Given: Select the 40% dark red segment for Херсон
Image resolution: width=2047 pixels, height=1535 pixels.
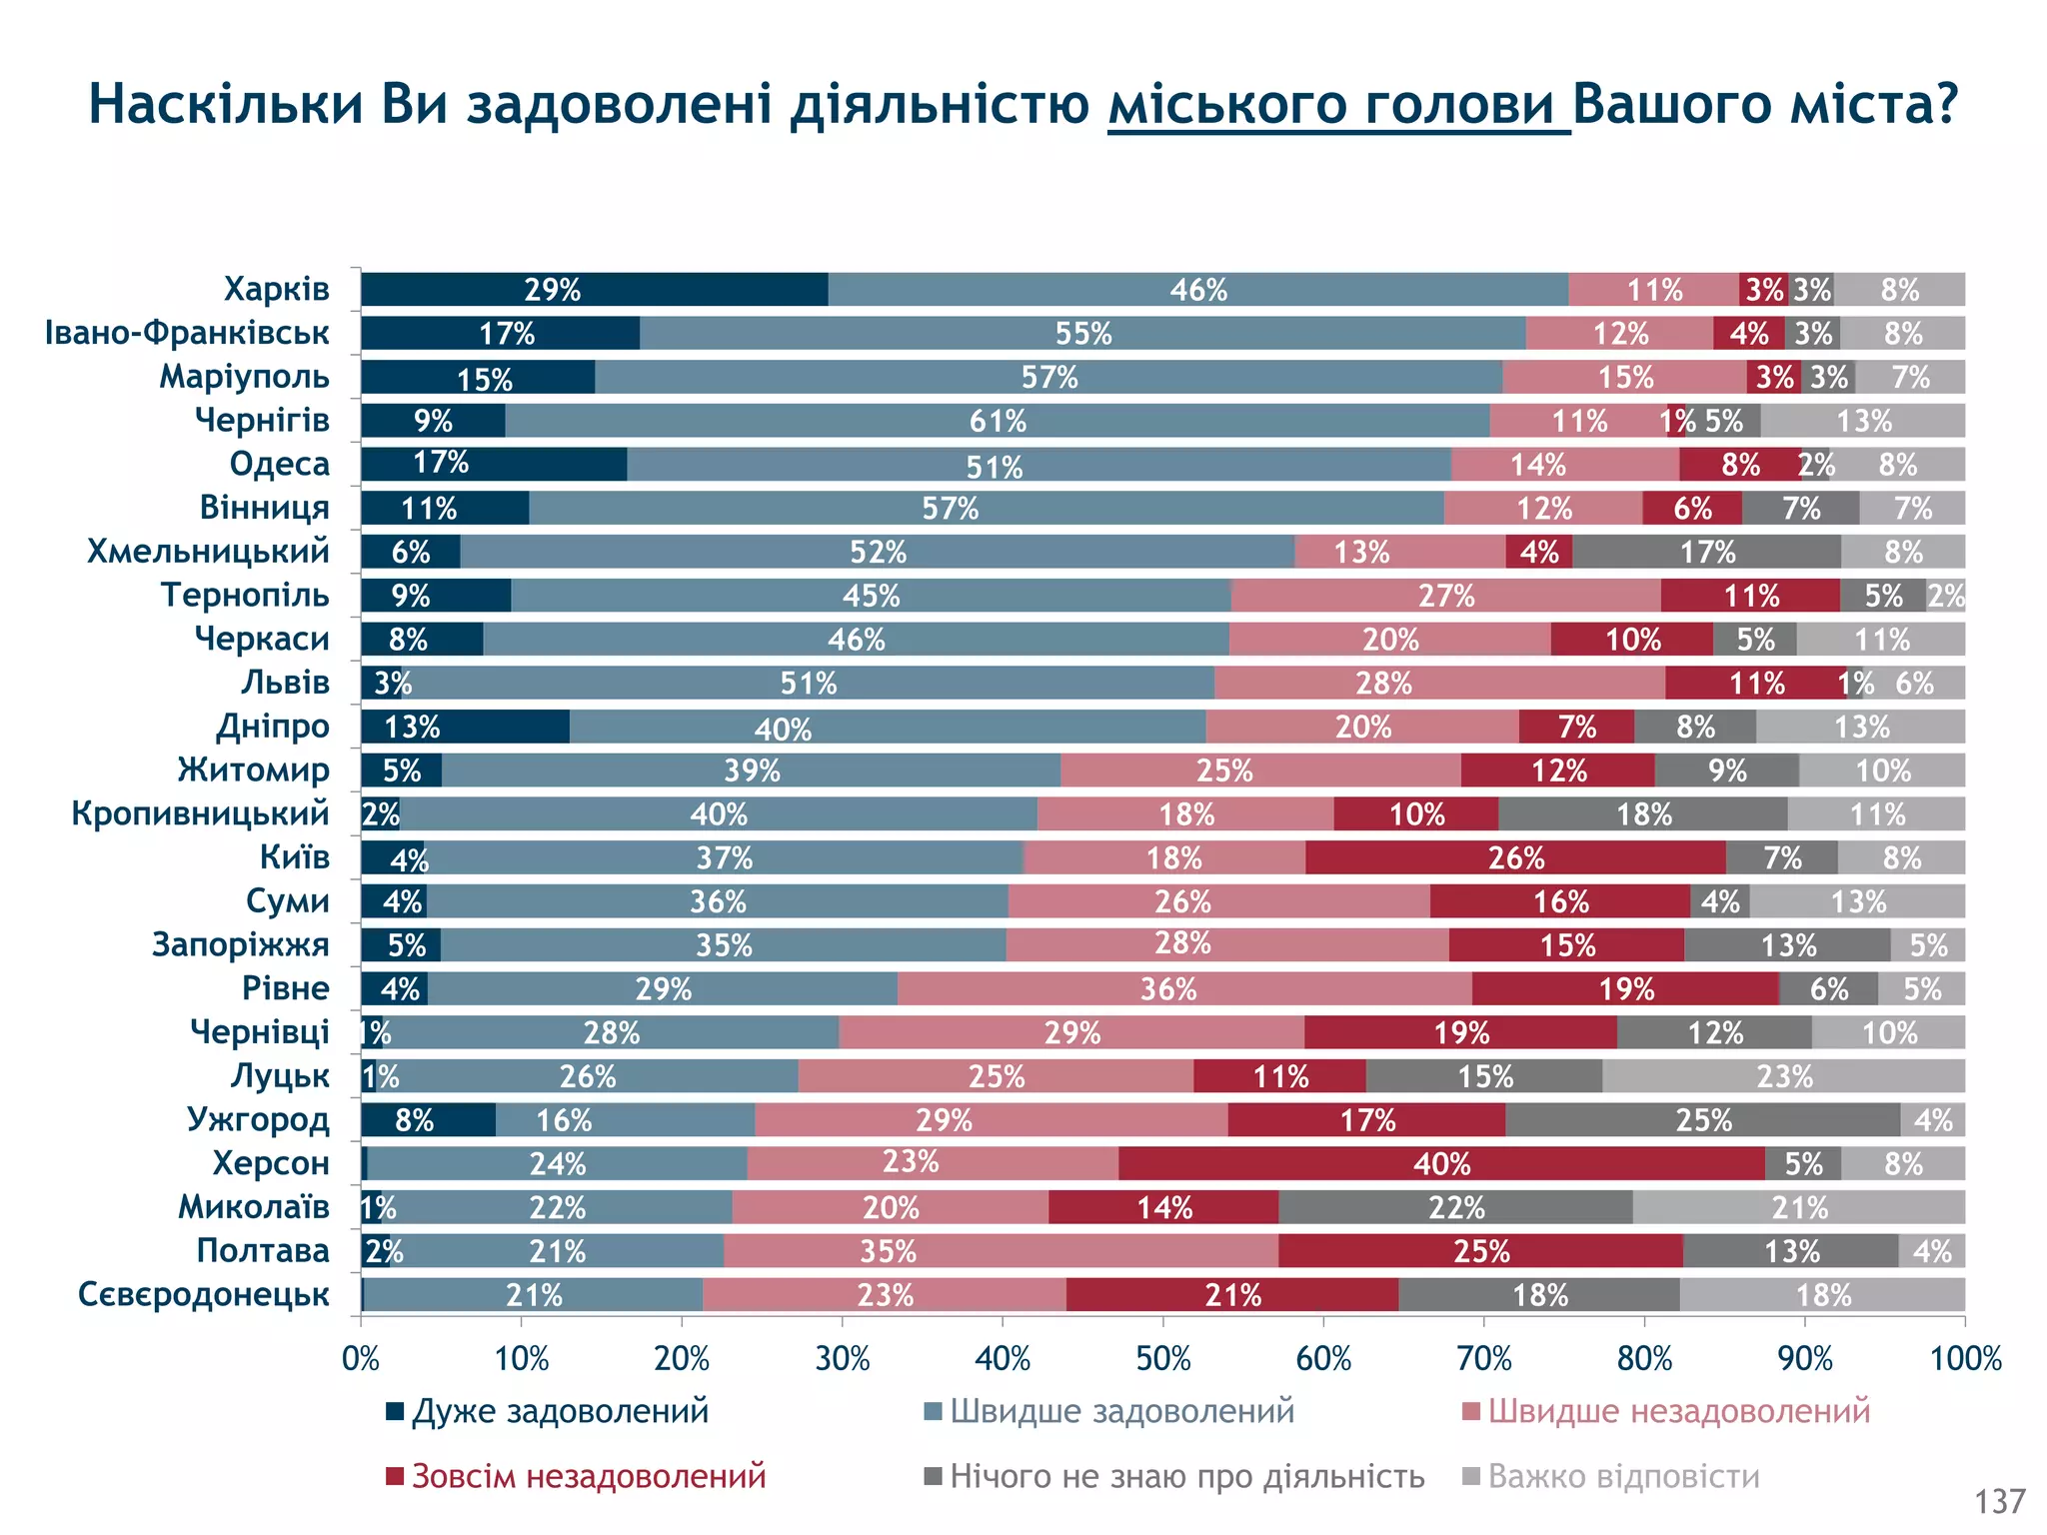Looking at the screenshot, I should coord(1441,1164).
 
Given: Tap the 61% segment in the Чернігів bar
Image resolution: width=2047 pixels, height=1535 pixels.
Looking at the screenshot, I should coord(998,421).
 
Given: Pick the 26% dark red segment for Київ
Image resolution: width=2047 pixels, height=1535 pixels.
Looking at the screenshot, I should coord(1515,858).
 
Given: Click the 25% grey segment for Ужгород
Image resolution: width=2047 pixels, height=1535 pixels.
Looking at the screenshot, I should coord(1702,1120).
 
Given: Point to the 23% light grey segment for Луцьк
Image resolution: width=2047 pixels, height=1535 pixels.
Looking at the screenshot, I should coord(1783,1076).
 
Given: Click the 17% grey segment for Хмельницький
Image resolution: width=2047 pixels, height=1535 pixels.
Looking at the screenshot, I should coord(1706,552).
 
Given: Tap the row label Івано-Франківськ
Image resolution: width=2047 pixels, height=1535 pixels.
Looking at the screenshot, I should coord(187,333).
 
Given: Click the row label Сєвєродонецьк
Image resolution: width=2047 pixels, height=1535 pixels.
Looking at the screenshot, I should coord(204,1295).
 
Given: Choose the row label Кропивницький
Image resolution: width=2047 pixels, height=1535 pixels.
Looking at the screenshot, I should coord(200,814).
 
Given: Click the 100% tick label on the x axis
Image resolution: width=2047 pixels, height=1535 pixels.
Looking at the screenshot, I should coord(1965,1359).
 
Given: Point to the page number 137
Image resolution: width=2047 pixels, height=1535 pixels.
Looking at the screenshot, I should coord(2000,1501).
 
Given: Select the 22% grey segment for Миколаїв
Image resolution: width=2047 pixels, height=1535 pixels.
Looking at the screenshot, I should coord(1455,1208).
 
